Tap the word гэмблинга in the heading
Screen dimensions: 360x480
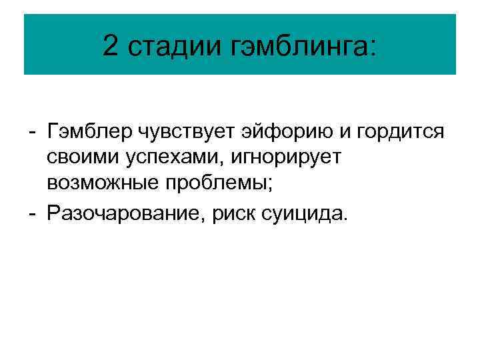[x=299, y=47]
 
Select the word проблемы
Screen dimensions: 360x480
[x=222, y=182]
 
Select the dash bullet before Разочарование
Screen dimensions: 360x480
[x=33, y=214]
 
